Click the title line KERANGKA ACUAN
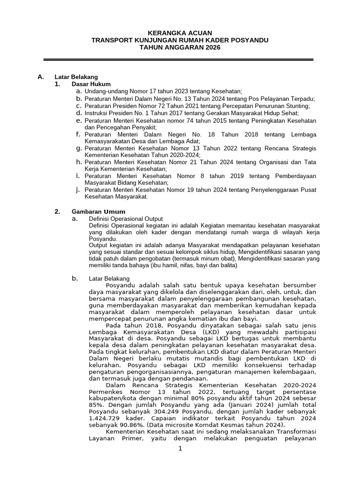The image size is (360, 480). tap(180, 33)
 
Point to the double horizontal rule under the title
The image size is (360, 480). tap(178, 60)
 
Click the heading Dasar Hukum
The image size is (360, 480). tap(91, 84)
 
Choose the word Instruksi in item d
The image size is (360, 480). tap(97, 113)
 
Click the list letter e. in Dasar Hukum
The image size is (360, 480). tap(79, 120)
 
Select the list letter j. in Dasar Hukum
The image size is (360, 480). tap(79, 189)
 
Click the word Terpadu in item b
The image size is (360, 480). tap(304, 99)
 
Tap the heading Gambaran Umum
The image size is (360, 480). tap(98, 212)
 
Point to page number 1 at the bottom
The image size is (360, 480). tap(180, 449)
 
